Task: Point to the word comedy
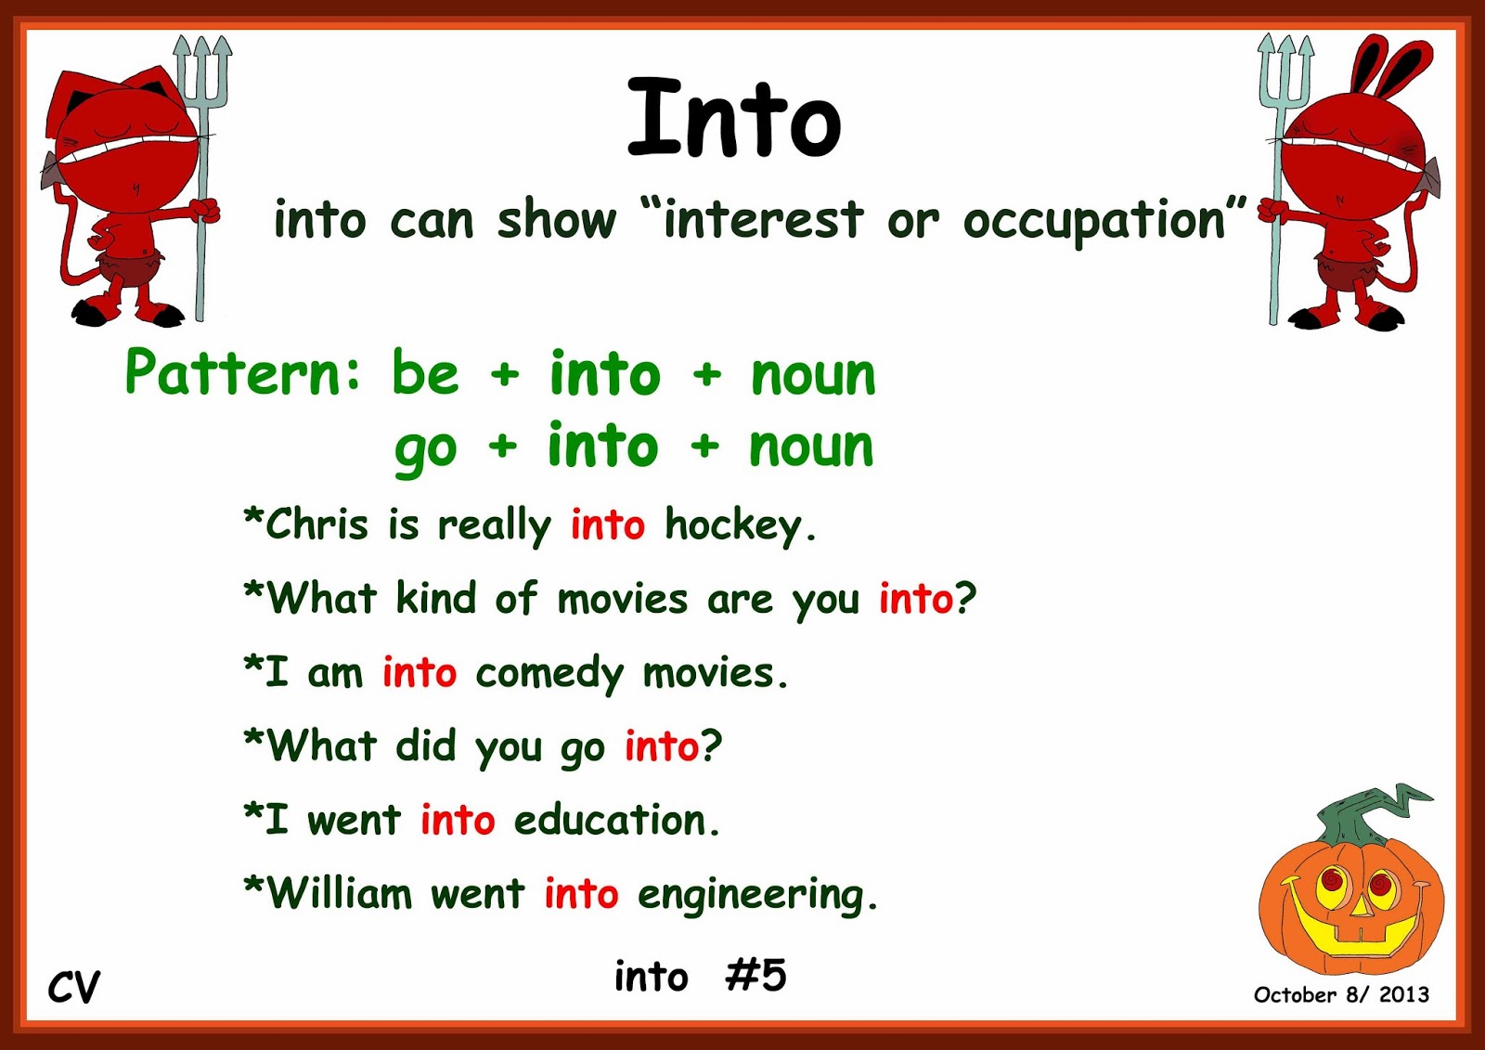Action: [x=549, y=674]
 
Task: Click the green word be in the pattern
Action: [x=425, y=373]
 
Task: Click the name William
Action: [x=340, y=894]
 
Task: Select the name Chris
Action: [x=317, y=525]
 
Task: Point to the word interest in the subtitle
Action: [x=763, y=221]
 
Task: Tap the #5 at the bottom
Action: [x=756, y=976]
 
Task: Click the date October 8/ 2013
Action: [x=1340, y=995]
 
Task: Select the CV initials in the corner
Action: [x=73, y=987]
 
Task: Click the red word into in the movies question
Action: [x=915, y=599]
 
